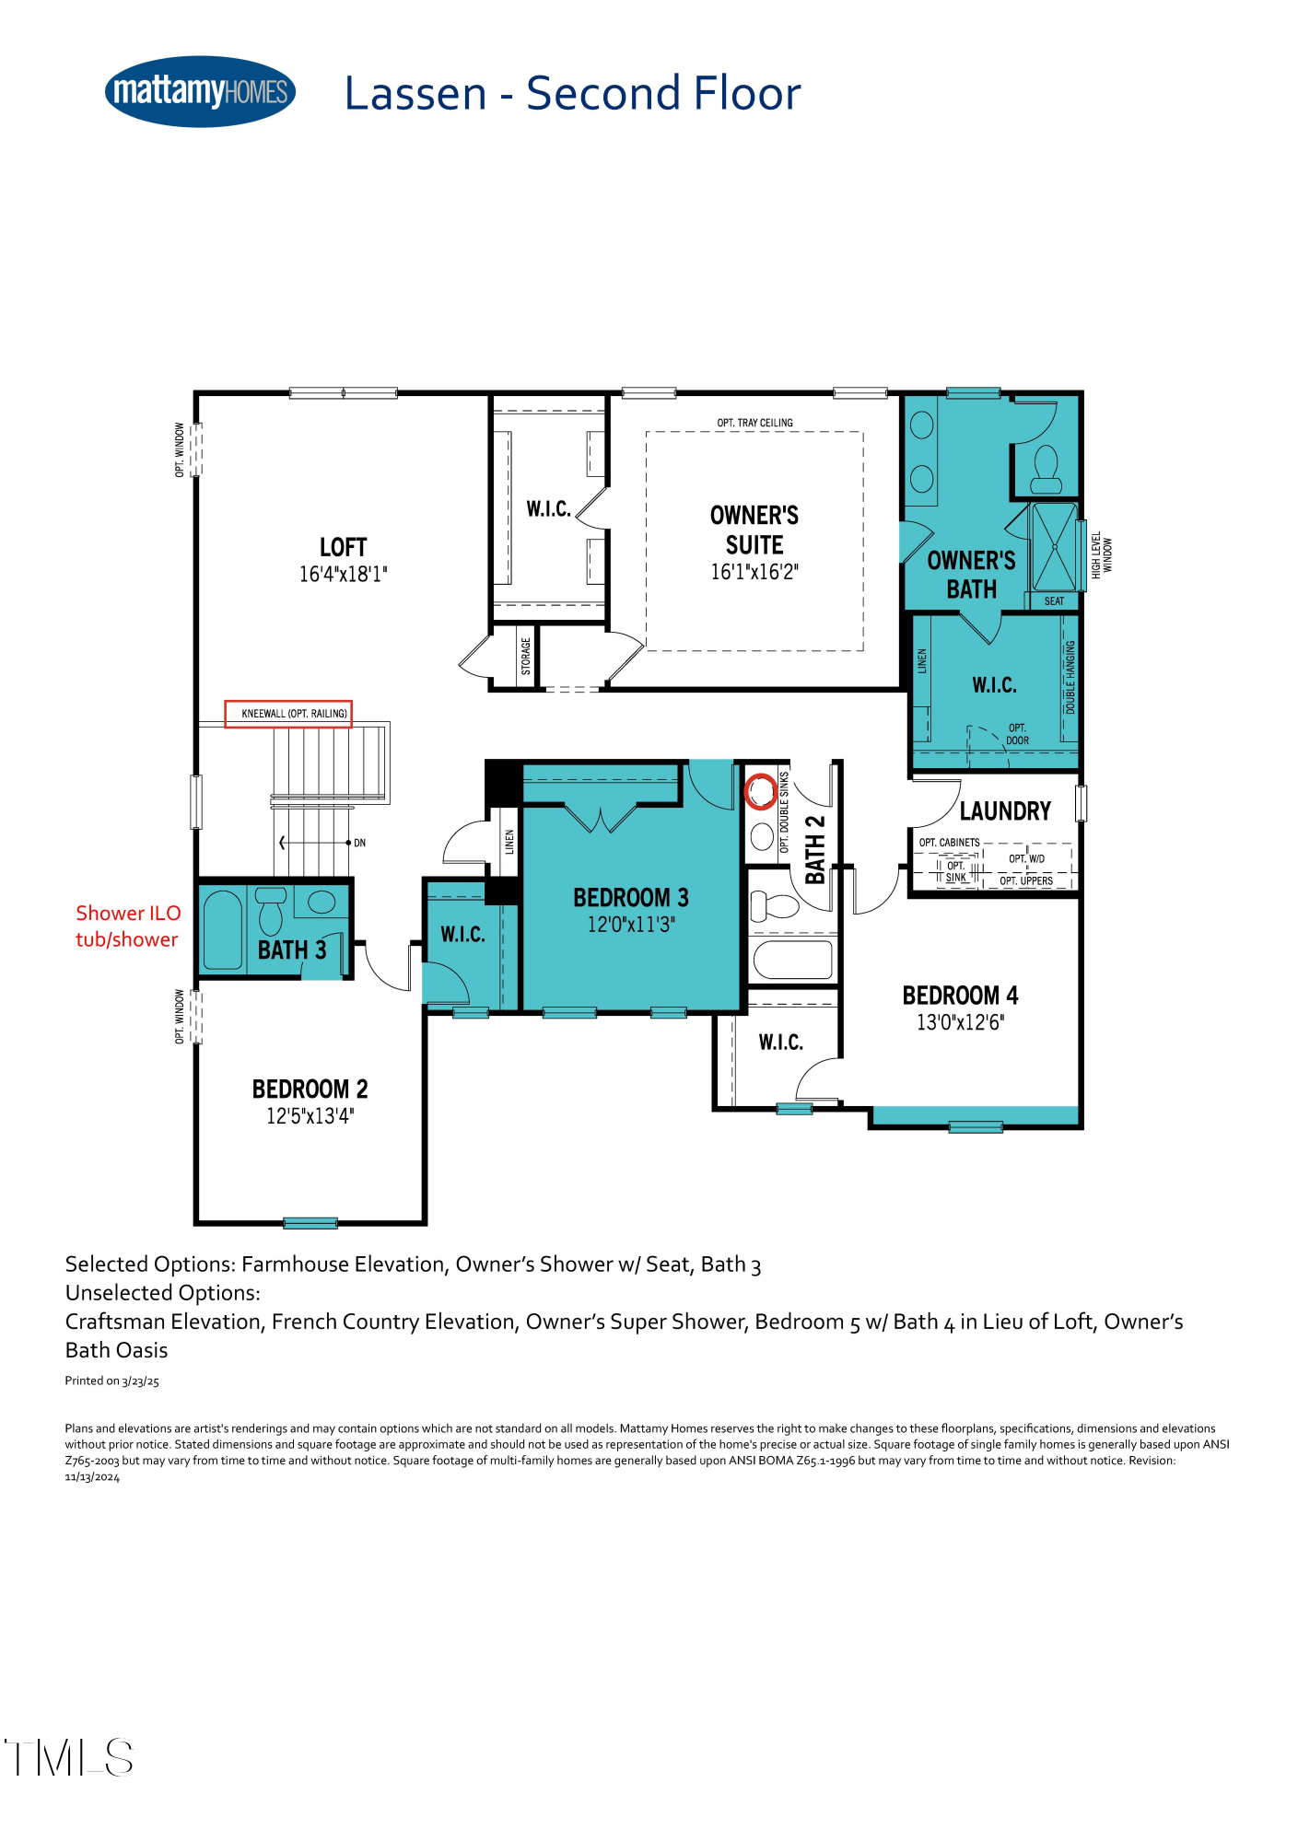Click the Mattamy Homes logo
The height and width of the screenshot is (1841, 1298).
[x=200, y=91]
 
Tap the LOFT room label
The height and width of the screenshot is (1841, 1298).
[x=343, y=547]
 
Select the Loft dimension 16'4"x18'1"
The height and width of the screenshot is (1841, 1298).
[x=343, y=575]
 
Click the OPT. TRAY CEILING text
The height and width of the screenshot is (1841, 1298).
[x=754, y=423]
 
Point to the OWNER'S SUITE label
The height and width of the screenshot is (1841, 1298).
[x=754, y=530]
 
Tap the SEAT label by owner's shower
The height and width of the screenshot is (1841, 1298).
[x=1054, y=601]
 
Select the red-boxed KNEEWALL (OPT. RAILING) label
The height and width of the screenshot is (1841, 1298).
[x=289, y=714]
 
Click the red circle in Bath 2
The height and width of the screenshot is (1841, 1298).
[x=761, y=790]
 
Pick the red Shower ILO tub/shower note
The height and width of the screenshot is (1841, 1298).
[x=127, y=926]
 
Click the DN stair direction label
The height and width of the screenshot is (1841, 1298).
[x=359, y=843]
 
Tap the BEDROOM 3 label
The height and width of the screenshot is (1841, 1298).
[x=630, y=897]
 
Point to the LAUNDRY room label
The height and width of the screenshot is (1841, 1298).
[x=1005, y=811]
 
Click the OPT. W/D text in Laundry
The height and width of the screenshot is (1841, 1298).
[x=1026, y=858]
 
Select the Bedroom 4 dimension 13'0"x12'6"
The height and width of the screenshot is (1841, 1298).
[x=960, y=1022]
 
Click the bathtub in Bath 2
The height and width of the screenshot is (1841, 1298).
[x=792, y=960]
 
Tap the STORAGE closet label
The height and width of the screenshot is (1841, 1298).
[x=526, y=656]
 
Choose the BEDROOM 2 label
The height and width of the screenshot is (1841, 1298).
[x=310, y=1089]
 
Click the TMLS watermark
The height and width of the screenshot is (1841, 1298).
[x=69, y=1757]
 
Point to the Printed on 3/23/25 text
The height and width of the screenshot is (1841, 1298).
[x=111, y=1381]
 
